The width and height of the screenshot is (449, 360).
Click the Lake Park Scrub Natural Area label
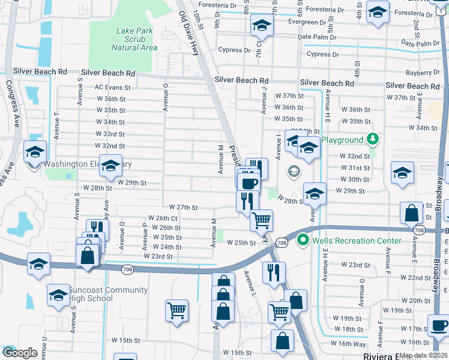[134, 39]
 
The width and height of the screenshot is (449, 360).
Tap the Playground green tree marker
[373, 140]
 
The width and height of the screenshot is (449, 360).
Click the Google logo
[19, 353]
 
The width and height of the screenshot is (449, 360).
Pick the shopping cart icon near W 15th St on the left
[177, 310]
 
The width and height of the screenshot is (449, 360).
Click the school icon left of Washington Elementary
[35, 152]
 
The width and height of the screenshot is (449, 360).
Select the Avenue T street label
[56, 125]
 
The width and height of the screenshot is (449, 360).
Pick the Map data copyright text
[423, 355]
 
